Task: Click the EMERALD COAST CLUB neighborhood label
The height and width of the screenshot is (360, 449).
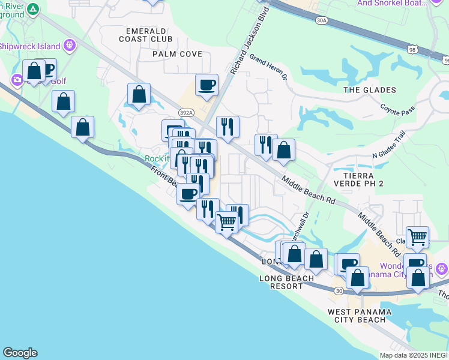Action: pyautogui.click(x=149, y=35)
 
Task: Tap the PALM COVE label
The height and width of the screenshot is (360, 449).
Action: pyautogui.click(x=160, y=54)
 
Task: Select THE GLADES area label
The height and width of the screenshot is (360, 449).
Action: pyautogui.click(x=370, y=90)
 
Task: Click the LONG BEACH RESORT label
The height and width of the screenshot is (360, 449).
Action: pyautogui.click(x=286, y=282)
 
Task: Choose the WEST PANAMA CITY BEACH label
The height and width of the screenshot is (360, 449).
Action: pyautogui.click(x=360, y=316)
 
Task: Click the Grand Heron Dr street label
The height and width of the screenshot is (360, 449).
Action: pyautogui.click(x=269, y=68)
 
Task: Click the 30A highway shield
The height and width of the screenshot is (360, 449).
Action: pyautogui.click(x=322, y=20)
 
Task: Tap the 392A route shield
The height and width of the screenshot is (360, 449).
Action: pyautogui.click(x=186, y=112)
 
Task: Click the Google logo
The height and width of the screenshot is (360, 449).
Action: pyautogui.click(x=20, y=353)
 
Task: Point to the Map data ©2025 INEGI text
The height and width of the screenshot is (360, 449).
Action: pyautogui.click(x=413, y=355)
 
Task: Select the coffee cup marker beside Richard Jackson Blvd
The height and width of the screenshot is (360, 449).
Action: pyautogui.click(x=206, y=85)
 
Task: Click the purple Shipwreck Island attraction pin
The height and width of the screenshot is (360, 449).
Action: pyautogui.click(x=70, y=44)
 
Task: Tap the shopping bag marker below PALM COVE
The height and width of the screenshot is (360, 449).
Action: pyautogui.click(x=139, y=94)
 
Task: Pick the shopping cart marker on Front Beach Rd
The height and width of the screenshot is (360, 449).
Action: pyautogui.click(x=226, y=223)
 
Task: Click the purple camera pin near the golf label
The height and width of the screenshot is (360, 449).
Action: pyautogui.click(x=17, y=79)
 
